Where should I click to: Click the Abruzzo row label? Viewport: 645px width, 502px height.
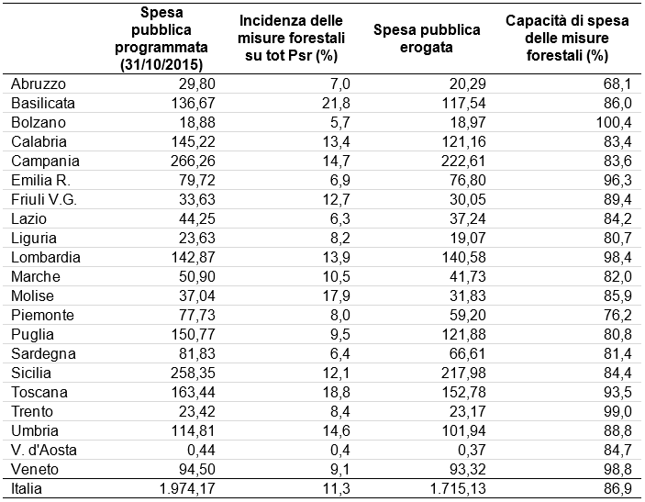39,84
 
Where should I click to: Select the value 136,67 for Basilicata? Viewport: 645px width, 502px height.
193,103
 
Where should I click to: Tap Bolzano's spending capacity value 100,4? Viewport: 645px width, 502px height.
614,122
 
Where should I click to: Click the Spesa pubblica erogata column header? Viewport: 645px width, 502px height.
427,39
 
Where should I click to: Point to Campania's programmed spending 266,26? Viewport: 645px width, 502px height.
193,161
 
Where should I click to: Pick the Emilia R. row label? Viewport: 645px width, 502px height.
40,180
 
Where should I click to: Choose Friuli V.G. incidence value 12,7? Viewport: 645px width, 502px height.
336,199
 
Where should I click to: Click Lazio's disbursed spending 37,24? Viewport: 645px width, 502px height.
467,219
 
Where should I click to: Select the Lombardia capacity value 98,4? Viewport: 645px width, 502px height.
617,258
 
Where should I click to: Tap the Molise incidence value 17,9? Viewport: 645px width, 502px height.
336,296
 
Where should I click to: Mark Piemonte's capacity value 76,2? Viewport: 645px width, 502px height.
617,315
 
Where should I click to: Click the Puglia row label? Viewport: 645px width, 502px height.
32,335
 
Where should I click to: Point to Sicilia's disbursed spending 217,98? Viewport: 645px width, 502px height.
463,374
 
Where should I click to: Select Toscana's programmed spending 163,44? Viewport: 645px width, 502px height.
193,393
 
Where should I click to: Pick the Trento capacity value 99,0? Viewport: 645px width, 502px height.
617,411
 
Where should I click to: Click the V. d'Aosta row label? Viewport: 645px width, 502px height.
44,451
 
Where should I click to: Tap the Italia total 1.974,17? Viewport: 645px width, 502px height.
187,489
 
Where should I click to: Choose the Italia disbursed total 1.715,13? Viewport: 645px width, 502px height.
458,489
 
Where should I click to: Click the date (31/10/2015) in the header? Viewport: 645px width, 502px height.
161,64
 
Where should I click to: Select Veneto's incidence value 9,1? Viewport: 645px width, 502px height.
339,470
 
